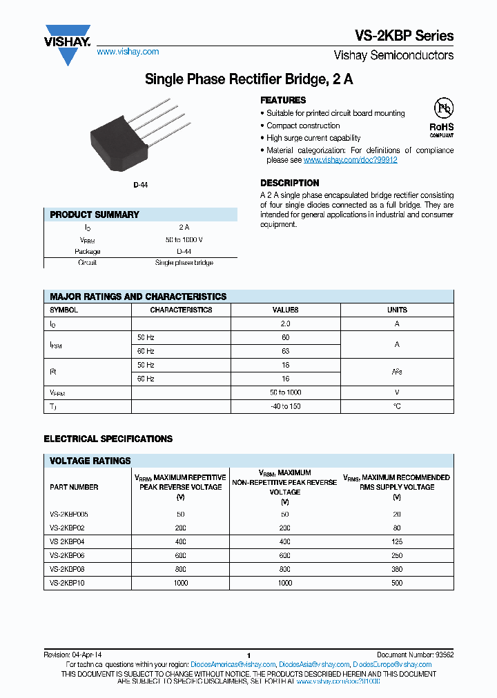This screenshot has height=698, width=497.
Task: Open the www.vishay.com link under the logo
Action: (x=128, y=52)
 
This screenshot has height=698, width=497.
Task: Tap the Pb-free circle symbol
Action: (x=442, y=109)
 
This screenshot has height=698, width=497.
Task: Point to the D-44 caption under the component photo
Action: (x=141, y=185)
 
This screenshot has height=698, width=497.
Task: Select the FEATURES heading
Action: (x=283, y=100)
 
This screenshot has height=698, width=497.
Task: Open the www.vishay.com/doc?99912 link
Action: (x=350, y=159)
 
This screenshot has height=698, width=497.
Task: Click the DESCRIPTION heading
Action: (x=289, y=183)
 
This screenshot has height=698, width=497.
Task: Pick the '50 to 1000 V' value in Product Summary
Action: (x=184, y=239)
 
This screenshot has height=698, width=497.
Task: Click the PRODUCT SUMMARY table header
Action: (x=95, y=215)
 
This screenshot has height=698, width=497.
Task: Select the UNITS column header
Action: (x=397, y=310)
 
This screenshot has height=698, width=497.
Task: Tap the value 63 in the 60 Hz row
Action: (x=285, y=351)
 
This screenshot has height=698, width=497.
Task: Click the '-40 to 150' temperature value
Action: (x=285, y=406)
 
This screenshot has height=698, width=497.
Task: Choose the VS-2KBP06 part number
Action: (x=69, y=556)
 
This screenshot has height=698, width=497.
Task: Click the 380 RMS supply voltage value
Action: (x=396, y=570)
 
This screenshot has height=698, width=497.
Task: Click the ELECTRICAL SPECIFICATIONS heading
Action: (x=108, y=439)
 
